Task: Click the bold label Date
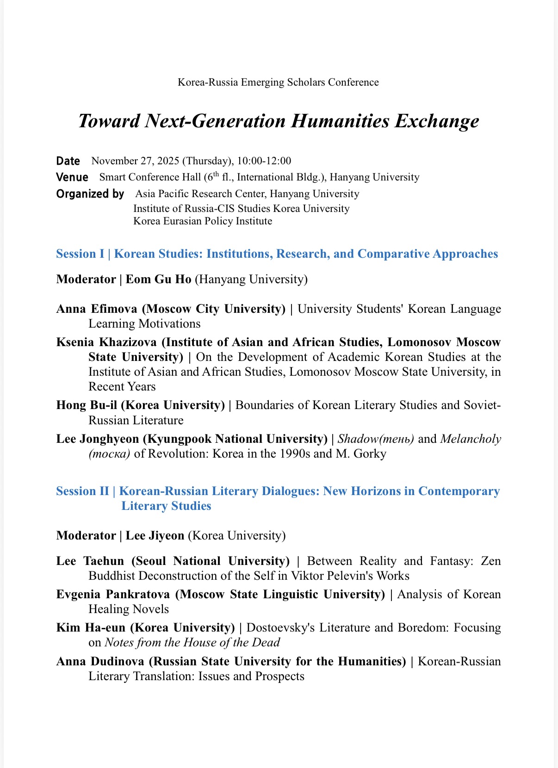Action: pos(68,161)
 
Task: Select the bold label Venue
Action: pos(72,177)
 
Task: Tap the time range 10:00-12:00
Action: pos(264,161)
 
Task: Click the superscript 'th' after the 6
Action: pos(216,173)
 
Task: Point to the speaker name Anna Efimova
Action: pos(97,309)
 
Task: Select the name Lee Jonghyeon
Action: pos(97,439)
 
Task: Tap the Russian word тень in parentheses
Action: pos(397,439)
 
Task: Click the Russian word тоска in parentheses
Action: pos(110,454)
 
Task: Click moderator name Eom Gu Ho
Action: pos(159,279)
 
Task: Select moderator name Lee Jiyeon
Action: pos(155,536)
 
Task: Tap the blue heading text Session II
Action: pos(82,491)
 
